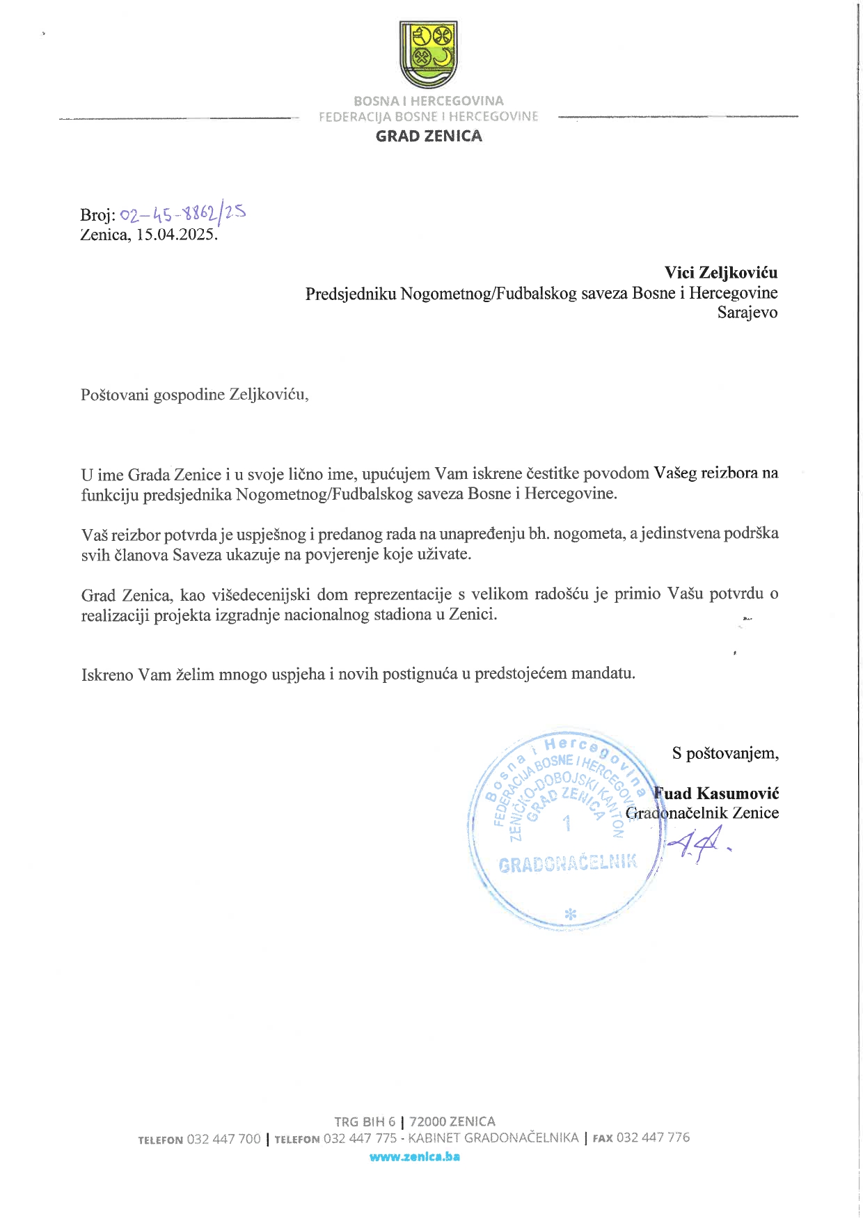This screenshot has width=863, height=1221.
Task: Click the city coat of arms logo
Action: point(428,54)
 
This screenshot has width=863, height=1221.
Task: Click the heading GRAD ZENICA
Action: point(429,136)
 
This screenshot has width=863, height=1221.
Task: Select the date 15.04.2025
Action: point(176,235)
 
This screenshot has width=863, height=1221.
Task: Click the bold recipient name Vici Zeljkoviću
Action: point(720,273)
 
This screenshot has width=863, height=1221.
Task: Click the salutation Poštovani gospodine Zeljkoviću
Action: point(194,395)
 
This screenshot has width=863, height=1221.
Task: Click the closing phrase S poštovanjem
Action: point(725,753)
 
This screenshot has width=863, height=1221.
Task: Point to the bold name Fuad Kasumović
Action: point(716,794)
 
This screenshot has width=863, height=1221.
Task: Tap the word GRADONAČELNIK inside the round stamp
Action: point(567,864)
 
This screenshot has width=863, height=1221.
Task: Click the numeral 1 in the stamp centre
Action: point(567,824)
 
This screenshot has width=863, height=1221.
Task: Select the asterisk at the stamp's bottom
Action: point(570,915)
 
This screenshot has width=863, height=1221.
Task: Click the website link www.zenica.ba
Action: point(415,1156)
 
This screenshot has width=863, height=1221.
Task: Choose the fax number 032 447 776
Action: point(653,1137)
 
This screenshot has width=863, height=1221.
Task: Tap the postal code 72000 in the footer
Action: point(428,1121)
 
